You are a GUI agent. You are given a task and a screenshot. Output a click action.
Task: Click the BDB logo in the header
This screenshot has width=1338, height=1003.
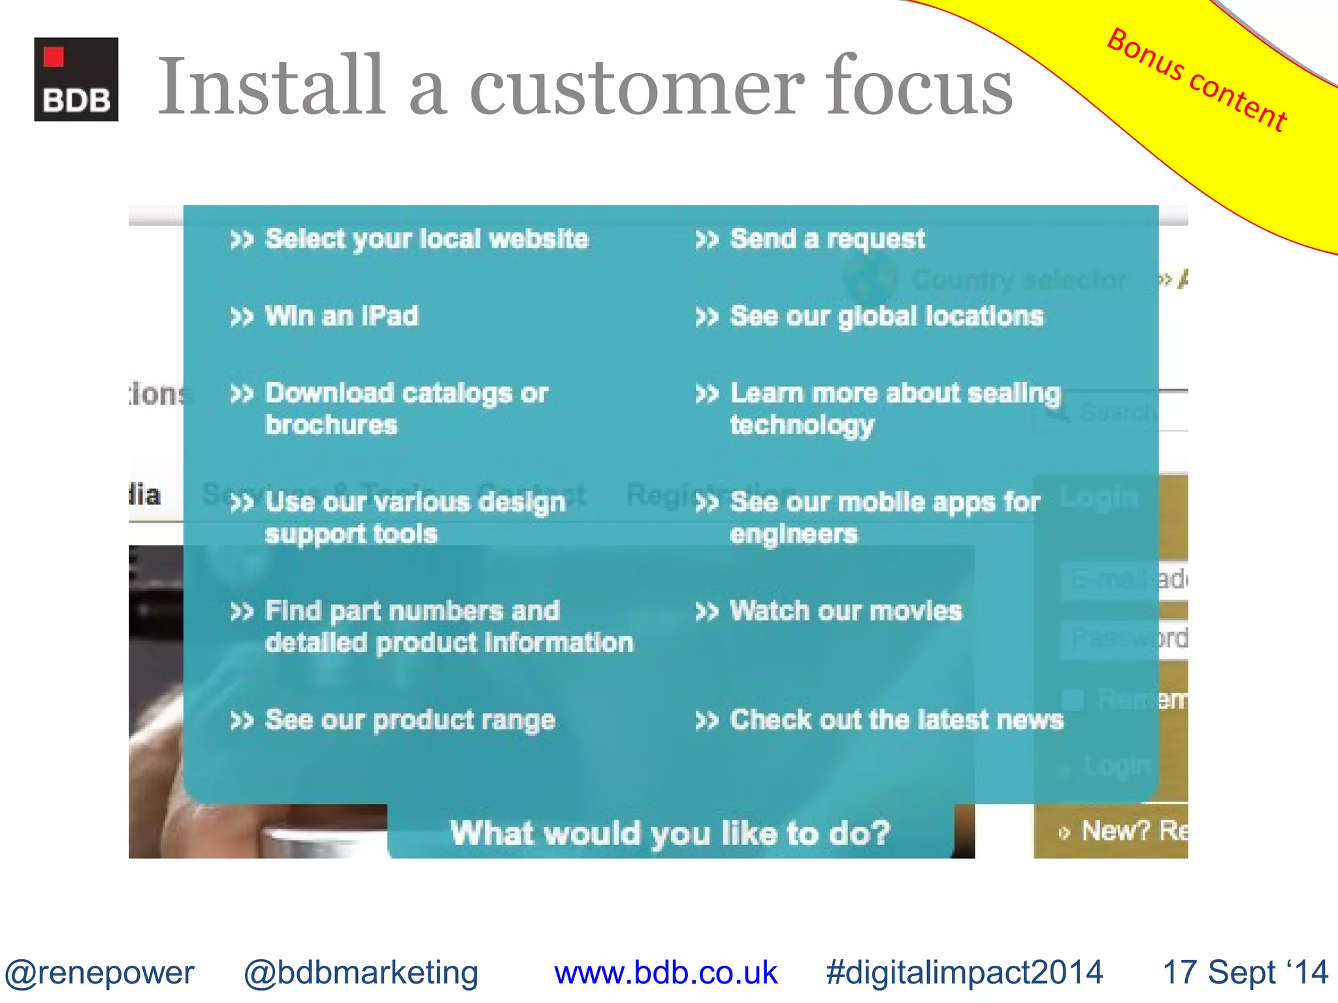(76, 79)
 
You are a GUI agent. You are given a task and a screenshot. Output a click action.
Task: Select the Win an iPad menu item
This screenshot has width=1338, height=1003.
(341, 316)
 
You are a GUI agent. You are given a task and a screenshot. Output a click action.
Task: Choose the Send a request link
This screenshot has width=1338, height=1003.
(827, 239)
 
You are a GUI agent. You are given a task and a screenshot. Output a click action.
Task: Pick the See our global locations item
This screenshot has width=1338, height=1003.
(886, 316)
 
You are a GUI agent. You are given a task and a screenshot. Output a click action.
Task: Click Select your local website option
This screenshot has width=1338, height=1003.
(426, 239)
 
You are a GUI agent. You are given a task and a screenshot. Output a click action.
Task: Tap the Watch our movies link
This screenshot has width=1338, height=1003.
(845, 611)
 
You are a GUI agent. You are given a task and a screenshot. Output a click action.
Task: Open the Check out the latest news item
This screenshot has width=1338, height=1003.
(896, 720)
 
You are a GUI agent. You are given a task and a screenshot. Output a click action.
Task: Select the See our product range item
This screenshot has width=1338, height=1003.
(410, 720)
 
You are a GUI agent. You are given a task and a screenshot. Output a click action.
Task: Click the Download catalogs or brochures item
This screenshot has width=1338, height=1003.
(405, 409)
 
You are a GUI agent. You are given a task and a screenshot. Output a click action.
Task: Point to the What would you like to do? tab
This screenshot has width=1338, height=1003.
(670, 833)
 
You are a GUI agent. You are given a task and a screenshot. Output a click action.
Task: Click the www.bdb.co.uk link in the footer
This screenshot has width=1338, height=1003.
(665, 972)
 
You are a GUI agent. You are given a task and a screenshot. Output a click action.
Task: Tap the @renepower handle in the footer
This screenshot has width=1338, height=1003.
(99, 972)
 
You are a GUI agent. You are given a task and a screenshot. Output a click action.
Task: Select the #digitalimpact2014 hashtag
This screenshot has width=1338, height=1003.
(964, 972)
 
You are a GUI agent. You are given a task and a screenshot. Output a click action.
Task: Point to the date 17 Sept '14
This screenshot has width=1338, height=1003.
(1245, 972)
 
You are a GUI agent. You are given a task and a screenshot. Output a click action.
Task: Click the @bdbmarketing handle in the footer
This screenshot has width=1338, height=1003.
(361, 972)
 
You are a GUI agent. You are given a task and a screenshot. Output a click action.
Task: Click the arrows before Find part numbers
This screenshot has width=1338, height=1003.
(241, 612)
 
